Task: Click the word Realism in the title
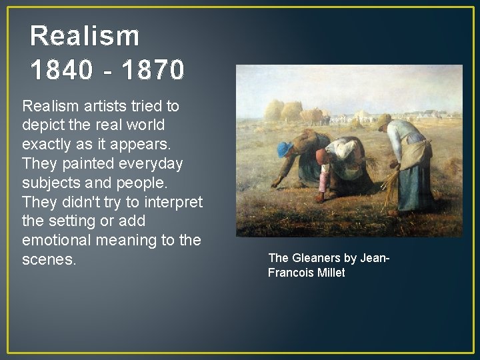coord(85,35)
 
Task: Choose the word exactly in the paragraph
coord(47,144)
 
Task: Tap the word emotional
coord(53,239)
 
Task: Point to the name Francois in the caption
coord(290,272)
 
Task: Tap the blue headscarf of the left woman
coord(285,149)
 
